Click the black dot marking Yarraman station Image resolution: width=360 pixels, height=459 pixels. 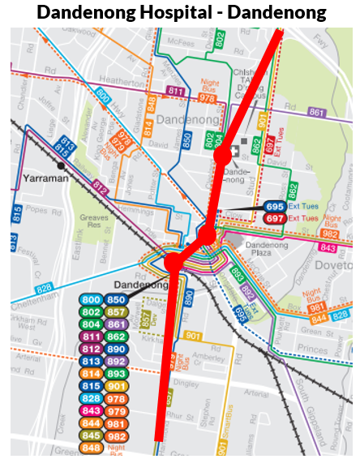coord(62,165)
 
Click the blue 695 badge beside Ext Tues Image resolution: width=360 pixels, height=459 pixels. coord(274,207)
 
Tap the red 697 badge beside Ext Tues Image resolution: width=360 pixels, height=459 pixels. coord(274,218)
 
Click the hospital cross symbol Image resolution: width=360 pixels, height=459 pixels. coord(234,152)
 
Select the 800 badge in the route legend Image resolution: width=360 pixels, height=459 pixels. coord(91,299)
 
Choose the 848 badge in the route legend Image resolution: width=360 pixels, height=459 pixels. coord(91,448)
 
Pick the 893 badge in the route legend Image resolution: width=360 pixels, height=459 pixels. coord(117,373)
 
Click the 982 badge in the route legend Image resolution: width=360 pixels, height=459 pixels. coord(117,435)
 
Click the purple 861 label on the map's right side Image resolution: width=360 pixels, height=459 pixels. coord(316,112)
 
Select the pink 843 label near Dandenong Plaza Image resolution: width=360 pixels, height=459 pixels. coord(328,247)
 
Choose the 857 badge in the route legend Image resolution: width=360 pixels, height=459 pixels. coord(117,311)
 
